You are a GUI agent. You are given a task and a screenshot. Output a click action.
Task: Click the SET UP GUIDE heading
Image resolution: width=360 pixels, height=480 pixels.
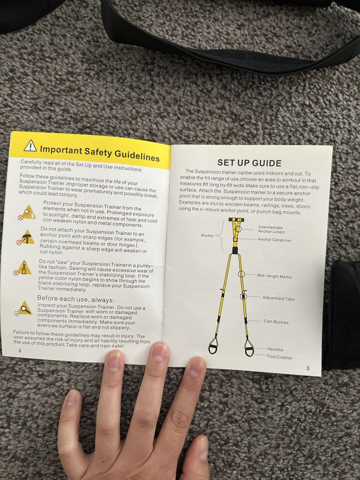coord(249,163)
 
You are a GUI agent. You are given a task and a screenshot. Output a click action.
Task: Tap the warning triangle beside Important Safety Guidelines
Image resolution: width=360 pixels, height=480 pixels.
coord(30,146)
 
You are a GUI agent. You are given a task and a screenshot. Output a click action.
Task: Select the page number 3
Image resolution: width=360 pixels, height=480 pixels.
coord(308,368)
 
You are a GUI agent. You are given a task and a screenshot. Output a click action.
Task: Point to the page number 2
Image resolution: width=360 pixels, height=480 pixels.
coord(20,350)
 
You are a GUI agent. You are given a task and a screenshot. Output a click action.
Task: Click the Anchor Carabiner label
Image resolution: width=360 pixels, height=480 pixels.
coord(274,240)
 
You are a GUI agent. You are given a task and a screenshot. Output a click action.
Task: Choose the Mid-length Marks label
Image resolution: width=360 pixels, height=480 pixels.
coord(274,276)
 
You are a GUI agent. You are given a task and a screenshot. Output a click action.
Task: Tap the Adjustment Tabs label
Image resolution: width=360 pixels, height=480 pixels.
coord(278,298)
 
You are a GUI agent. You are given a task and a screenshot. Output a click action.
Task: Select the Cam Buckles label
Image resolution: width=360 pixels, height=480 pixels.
coord(276,322)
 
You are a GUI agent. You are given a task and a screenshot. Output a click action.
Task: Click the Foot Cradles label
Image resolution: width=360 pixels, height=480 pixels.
coord(280,357)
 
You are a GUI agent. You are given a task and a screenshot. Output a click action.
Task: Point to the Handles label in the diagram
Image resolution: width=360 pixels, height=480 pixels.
coord(275,349)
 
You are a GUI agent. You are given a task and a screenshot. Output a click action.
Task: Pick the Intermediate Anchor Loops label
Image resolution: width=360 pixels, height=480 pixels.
coord(271,230)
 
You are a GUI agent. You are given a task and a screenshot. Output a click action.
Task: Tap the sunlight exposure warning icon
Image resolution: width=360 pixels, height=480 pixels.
coord(27,212)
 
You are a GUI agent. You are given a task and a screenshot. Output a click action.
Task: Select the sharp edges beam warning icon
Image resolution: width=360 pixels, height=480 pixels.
coord(26,238)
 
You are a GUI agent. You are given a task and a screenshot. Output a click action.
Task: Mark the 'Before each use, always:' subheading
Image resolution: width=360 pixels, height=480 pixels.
coord(76,299)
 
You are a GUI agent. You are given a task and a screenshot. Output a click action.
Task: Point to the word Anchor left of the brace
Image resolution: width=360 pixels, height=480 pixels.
coord(207,236)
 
